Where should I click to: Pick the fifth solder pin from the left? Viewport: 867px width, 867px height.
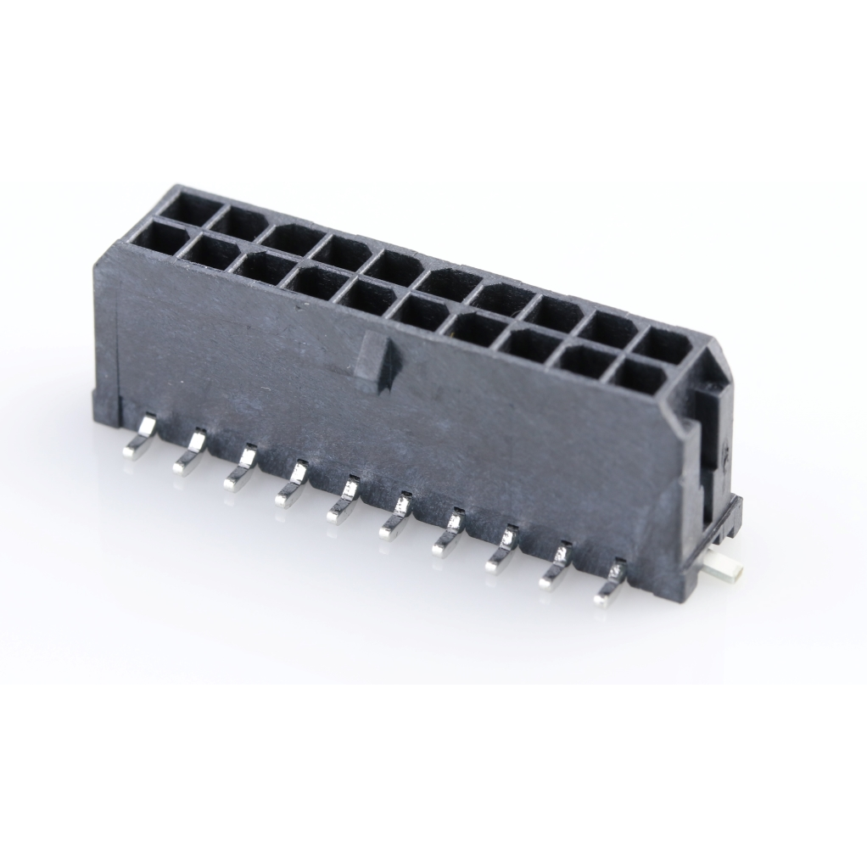[343, 502]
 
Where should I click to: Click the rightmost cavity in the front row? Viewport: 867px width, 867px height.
[641, 376]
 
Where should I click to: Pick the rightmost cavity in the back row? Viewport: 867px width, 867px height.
[663, 345]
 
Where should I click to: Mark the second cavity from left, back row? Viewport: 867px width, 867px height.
[238, 223]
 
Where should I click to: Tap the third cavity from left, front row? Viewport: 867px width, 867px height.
[262, 268]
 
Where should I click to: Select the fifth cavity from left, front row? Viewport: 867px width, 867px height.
[367, 297]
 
